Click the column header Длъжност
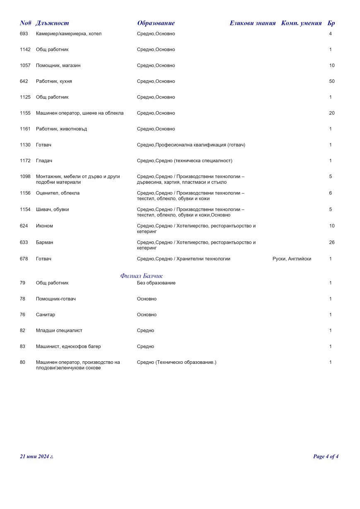pyautogui.click(x=53, y=23)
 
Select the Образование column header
pyautogui.click(x=156, y=23)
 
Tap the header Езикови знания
pyautogui.click(x=252, y=23)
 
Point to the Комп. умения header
pyautogui.click(x=301, y=23)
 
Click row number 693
pyautogui.click(x=24, y=34)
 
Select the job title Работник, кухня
pyautogui.click(x=54, y=82)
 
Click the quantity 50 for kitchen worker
pyautogui.click(x=332, y=82)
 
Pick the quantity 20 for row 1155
pyautogui.click(x=332, y=113)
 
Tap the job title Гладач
pyautogui.click(x=44, y=161)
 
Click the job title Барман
pyautogui.click(x=45, y=242)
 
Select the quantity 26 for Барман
pyautogui.click(x=332, y=242)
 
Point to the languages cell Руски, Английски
pyautogui.click(x=292, y=259)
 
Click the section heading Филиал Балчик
pyautogui.click(x=142, y=276)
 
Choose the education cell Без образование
pyautogui.click(x=156, y=283)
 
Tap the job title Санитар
pyautogui.click(x=46, y=315)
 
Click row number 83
pyautogui.click(x=22, y=347)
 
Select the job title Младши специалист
pyautogui.click(x=59, y=331)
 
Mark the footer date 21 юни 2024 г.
pyautogui.click(x=37, y=456)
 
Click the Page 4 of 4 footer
pyautogui.click(x=326, y=456)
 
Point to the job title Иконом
pyautogui.click(x=44, y=226)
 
